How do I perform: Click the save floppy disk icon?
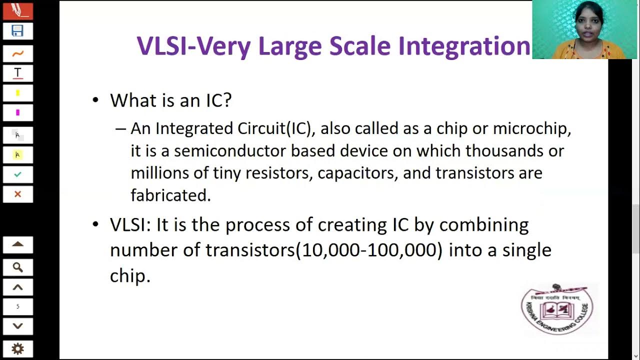pos(17,31)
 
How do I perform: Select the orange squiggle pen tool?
pos(17,53)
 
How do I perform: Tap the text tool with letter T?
pos(17,73)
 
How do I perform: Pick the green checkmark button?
pos(17,174)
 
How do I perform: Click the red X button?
pos(17,194)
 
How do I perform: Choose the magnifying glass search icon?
pos(17,267)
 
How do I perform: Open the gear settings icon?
pos(17,348)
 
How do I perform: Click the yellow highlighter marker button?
pos(17,93)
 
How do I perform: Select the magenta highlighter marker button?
pos(17,112)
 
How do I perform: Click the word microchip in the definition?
pos(531,128)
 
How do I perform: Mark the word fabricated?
pos(170,195)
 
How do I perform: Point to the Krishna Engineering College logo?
pos(557,309)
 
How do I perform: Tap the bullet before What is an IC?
pos(96,100)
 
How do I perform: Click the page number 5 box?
pos(17,306)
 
